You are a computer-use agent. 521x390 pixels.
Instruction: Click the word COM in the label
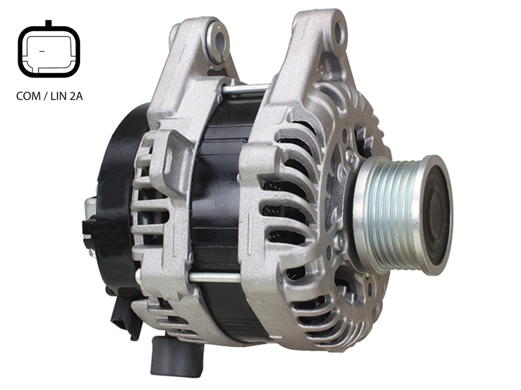tap(28, 96)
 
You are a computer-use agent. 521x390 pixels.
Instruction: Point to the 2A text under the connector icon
tap(76, 96)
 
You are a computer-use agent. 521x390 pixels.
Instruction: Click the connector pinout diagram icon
tap(49, 50)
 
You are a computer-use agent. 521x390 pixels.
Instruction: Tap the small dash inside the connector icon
tap(42, 51)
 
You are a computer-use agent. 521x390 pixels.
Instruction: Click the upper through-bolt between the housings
tap(246, 89)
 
